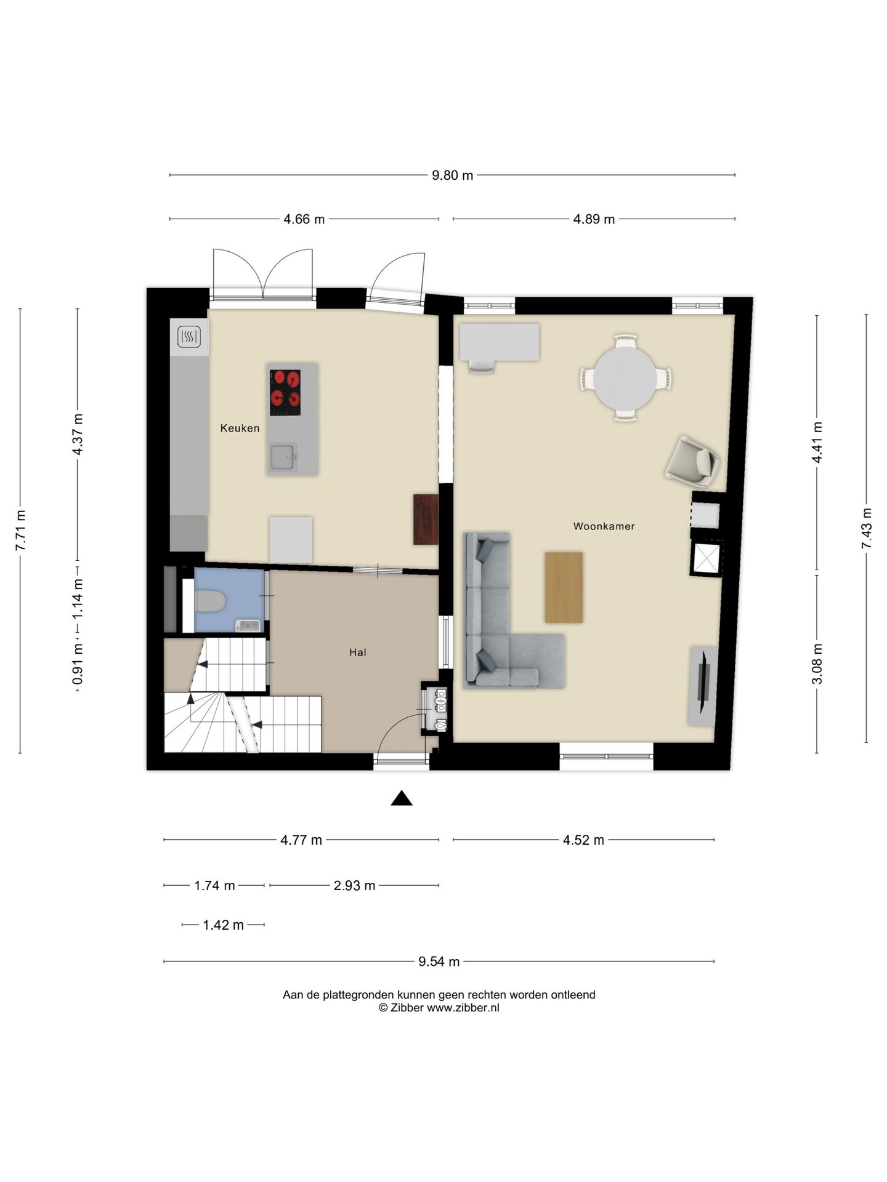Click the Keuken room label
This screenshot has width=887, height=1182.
240,428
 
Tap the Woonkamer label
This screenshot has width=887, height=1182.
604,526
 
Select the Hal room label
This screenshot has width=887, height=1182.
357,652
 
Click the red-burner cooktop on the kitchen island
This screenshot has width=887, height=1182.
285,393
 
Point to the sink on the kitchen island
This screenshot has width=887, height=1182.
283,456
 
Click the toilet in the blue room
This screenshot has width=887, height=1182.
210,601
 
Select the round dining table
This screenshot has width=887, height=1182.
625,378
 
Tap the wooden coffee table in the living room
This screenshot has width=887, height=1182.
564,587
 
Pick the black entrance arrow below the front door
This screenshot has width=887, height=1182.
402,798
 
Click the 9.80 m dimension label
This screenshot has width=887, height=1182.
452,175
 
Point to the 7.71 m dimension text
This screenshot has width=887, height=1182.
20,531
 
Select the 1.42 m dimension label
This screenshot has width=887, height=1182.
223,925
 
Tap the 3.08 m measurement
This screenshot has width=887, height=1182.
817,664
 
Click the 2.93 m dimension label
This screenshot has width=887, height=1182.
354,886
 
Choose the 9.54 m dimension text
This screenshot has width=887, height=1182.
439,962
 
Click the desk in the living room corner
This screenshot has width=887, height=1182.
500,342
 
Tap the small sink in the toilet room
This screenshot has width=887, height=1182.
248,626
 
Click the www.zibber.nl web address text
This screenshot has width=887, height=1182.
463,1008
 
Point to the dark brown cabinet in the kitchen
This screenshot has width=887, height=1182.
426,519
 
